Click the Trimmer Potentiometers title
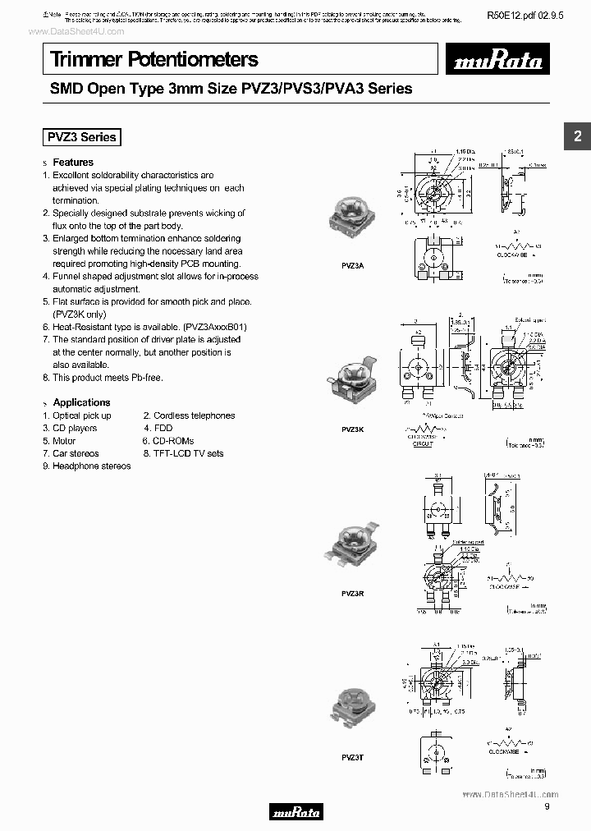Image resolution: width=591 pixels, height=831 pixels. [154, 59]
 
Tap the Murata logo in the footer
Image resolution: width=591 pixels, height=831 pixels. [296, 813]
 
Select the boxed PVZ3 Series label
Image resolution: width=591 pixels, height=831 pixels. [81, 138]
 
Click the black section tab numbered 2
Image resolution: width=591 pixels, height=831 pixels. [577, 136]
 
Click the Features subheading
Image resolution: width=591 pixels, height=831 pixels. [73, 163]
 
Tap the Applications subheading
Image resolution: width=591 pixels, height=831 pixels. [81, 402]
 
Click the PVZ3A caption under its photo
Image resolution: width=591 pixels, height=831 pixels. [352, 266]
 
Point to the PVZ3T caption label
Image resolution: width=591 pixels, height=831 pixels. [350, 756]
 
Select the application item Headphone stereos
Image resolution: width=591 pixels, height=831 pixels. [91, 466]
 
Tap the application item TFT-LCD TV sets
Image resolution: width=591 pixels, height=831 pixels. [188, 453]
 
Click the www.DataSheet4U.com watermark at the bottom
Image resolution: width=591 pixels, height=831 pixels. [510, 794]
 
